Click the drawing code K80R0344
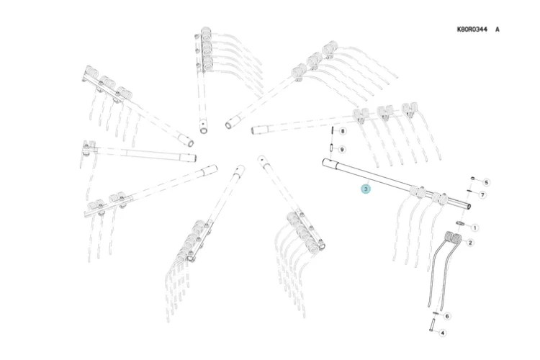point(472,30)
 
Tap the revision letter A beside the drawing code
point(497,30)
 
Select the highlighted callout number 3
point(366,189)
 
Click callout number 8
point(342,131)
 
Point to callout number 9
point(341,150)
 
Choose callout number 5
point(486,182)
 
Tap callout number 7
point(482,195)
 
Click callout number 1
point(474,228)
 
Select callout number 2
point(470,243)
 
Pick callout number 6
point(447,316)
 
